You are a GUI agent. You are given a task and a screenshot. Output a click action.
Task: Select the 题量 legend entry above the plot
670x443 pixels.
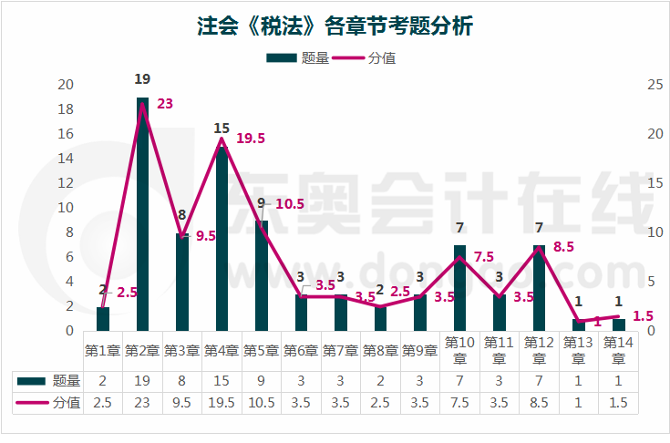click(x=297, y=57)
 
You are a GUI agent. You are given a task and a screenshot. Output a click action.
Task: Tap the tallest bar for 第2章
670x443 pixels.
click(x=142, y=213)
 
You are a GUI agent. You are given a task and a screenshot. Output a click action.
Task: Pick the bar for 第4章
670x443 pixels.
click(x=222, y=238)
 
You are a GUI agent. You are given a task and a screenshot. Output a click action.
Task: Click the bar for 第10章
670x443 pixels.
click(x=459, y=287)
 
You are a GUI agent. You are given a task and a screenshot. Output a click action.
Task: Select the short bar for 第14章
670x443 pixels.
click(x=619, y=325)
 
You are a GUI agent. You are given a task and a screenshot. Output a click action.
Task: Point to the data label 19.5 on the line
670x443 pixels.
click(x=251, y=139)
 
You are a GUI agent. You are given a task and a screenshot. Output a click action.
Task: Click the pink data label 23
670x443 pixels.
click(x=165, y=104)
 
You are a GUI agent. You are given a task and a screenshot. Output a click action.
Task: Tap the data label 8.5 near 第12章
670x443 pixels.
click(x=563, y=246)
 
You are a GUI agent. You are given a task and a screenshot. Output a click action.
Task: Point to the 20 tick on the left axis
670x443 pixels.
click(x=65, y=85)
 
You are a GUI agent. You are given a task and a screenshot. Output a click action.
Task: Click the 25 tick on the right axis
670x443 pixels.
click(x=654, y=85)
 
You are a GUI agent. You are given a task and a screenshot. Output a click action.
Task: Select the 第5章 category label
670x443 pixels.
click(x=262, y=350)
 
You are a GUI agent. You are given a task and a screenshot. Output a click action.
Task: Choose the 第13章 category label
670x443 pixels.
click(x=579, y=350)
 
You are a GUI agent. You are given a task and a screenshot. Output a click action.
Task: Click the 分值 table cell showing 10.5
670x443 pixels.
click(x=262, y=402)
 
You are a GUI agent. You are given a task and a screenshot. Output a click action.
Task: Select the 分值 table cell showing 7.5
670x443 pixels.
click(x=459, y=402)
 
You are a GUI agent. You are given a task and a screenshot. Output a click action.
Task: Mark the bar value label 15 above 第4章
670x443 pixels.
click(x=222, y=129)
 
